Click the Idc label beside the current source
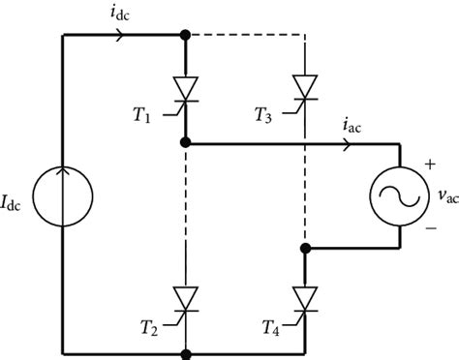(18, 203)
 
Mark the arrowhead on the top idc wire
(119, 36)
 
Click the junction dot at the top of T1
(185, 36)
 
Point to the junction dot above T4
(305, 248)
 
